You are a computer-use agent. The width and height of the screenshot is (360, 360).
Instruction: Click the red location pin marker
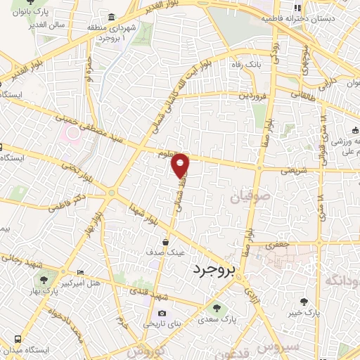tap(181, 165)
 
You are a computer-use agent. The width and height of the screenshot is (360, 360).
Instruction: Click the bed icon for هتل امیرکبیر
tap(79, 272)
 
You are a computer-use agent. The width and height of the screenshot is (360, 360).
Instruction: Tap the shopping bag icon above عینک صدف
tap(165, 242)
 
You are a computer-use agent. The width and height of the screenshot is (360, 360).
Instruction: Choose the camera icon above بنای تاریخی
tap(162, 314)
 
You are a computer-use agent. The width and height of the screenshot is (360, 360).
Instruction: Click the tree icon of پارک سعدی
tap(216, 307)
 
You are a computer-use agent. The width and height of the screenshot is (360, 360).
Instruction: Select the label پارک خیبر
tap(307, 310)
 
